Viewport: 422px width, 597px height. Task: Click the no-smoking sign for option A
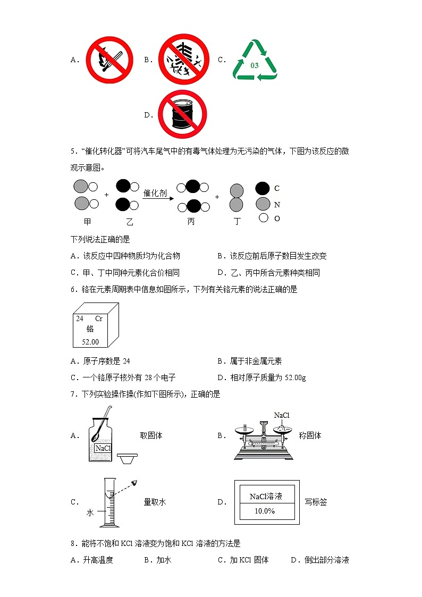(x=108, y=60)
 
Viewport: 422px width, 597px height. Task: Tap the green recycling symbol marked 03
(x=255, y=60)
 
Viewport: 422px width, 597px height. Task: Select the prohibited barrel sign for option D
(x=182, y=114)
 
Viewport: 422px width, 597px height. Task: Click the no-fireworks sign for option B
(x=182, y=60)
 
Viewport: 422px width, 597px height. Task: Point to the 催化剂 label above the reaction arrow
(x=155, y=193)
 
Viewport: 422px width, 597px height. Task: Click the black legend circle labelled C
(x=263, y=188)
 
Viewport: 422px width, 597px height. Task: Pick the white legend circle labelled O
(x=263, y=218)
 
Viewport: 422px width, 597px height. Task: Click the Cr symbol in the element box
(x=99, y=318)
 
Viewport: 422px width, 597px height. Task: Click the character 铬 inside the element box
(x=90, y=329)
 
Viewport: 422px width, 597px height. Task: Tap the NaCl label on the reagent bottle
(x=103, y=448)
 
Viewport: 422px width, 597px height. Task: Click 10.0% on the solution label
(x=265, y=511)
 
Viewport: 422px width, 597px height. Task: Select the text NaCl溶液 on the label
(x=266, y=497)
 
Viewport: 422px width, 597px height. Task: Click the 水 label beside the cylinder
(x=90, y=513)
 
